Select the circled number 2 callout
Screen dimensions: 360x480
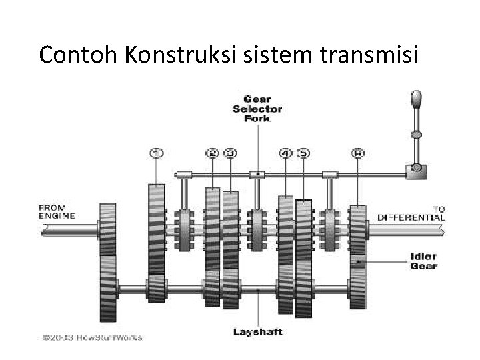tap(213, 153)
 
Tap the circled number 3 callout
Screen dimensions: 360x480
tap(230, 153)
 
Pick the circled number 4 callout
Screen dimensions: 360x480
tap(285, 153)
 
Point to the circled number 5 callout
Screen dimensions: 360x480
tap(303, 153)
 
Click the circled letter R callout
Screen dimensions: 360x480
tap(359, 153)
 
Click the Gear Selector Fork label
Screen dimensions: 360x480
tap(257, 108)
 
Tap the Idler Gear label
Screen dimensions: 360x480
tap(424, 261)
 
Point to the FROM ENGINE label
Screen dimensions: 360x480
tap(57, 211)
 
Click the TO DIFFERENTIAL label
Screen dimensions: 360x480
tap(411, 213)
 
